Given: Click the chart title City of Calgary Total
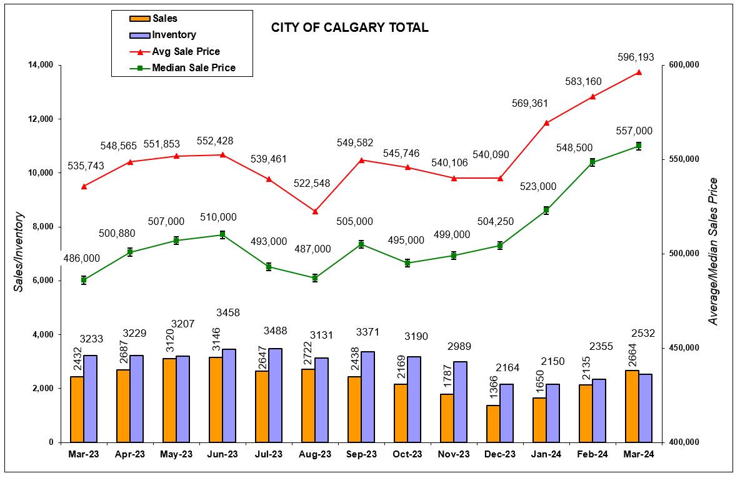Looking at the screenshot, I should click(349, 27).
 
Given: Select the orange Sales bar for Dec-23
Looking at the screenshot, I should click(493, 424).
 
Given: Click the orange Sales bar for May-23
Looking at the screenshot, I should click(169, 400).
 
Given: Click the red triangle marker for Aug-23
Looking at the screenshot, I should click(315, 212).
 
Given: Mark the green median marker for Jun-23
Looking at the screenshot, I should click(222, 235).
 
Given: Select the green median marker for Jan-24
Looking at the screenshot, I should click(546, 211).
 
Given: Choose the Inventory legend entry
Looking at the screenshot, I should click(173, 35).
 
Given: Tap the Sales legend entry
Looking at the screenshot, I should click(164, 19).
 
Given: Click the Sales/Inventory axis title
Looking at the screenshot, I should click(19, 252).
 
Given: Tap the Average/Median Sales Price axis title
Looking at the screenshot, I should click(713, 251).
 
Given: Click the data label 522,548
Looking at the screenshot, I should click(312, 184).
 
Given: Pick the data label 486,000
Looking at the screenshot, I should click(82, 258).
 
